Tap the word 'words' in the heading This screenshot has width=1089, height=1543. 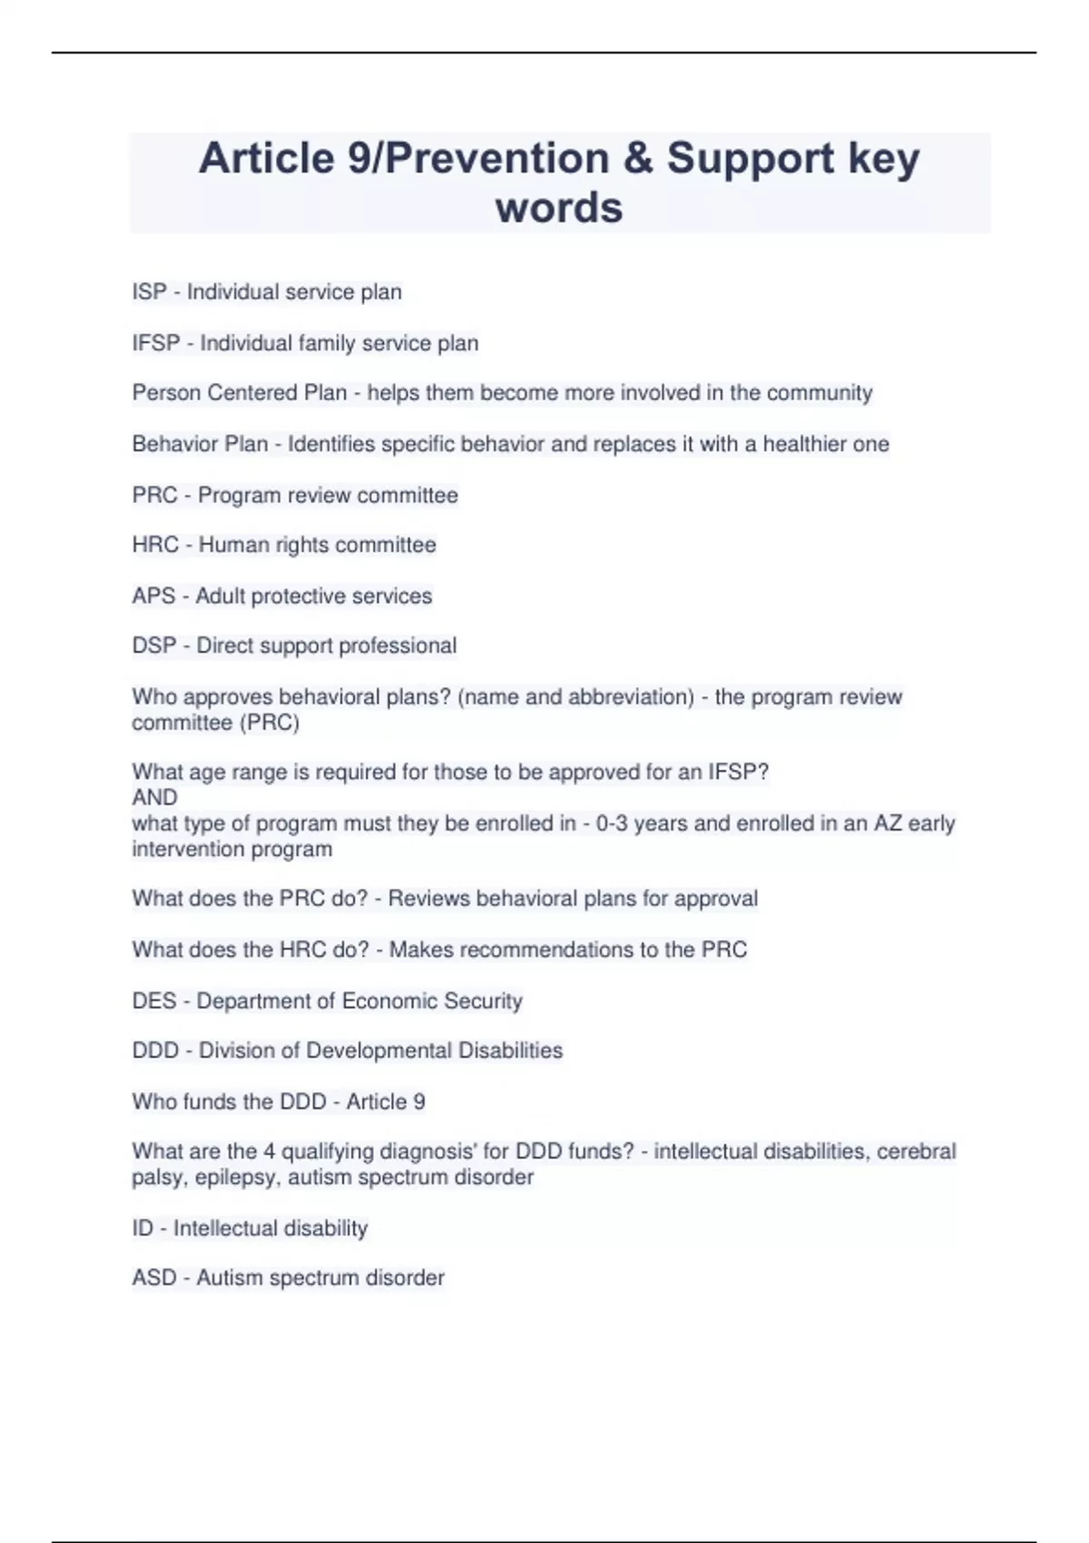(559, 207)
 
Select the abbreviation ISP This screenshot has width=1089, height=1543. (149, 292)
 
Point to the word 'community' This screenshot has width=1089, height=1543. (819, 393)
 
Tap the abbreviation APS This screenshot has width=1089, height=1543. (153, 595)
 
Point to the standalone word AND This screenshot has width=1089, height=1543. (154, 797)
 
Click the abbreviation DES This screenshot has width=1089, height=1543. (154, 1000)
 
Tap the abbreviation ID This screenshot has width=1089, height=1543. (142, 1228)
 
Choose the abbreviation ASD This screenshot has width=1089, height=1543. (154, 1278)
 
